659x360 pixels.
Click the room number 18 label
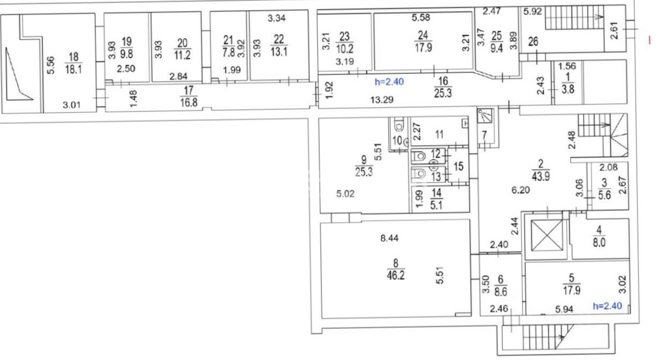pyautogui.click(x=73, y=56)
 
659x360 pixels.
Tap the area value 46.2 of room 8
pyautogui.click(x=396, y=275)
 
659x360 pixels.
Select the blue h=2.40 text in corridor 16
pyautogui.click(x=389, y=81)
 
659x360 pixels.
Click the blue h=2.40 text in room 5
pyautogui.click(x=607, y=306)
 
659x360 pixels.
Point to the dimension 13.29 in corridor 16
pyautogui.click(x=381, y=100)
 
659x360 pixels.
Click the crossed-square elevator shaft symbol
pyautogui.click(x=547, y=236)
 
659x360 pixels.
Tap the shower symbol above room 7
pyautogui.click(x=485, y=116)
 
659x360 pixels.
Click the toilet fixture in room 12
pyautogui.click(x=419, y=156)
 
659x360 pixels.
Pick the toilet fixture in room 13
pyautogui.click(x=419, y=174)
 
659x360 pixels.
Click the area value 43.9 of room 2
pyautogui.click(x=540, y=177)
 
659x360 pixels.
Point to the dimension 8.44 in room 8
pyautogui.click(x=389, y=238)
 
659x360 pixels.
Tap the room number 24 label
pyautogui.click(x=423, y=36)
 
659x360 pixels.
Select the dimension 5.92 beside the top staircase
pyautogui.click(x=532, y=11)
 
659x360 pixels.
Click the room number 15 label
pyautogui.click(x=459, y=167)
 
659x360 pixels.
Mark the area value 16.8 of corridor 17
pyautogui.click(x=189, y=103)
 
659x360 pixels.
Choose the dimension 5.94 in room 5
pyautogui.click(x=564, y=309)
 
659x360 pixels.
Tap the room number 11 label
pyautogui.click(x=439, y=135)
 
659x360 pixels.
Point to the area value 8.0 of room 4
pyautogui.click(x=599, y=243)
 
